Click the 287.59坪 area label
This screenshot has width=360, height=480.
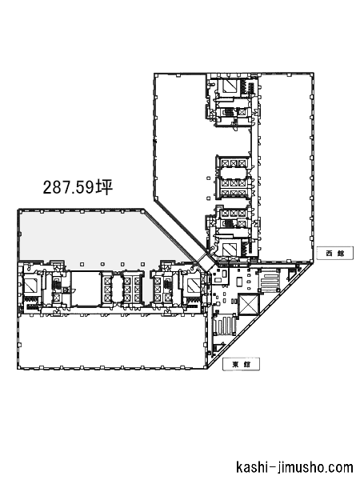click(x=78, y=187)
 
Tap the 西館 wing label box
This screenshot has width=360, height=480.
click(x=335, y=253)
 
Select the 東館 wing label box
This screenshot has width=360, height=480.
click(x=242, y=364)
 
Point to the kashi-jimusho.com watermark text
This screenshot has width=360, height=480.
click(x=294, y=468)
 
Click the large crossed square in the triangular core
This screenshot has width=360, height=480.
click(x=249, y=304)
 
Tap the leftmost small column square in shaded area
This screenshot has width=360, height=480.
click(x=82, y=264)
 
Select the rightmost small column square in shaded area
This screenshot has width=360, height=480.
click(x=142, y=264)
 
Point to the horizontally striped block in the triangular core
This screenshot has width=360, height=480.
click(x=270, y=282)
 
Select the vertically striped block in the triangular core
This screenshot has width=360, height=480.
click(x=225, y=327)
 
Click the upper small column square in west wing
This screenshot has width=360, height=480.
click(x=209, y=178)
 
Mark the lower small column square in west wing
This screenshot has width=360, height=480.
click(x=209, y=198)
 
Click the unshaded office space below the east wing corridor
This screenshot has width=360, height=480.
click(x=112, y=342)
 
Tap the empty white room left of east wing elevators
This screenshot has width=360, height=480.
click(x=86, y=288)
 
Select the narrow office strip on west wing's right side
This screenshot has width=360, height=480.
click(x=286, y=167)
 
